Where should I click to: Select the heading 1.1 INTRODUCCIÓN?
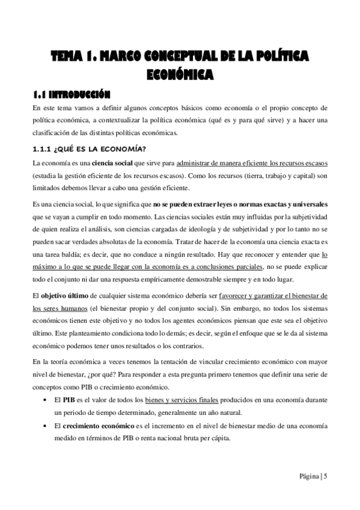click(x=72, y=94)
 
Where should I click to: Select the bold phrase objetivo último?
click(x=64, y=296)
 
